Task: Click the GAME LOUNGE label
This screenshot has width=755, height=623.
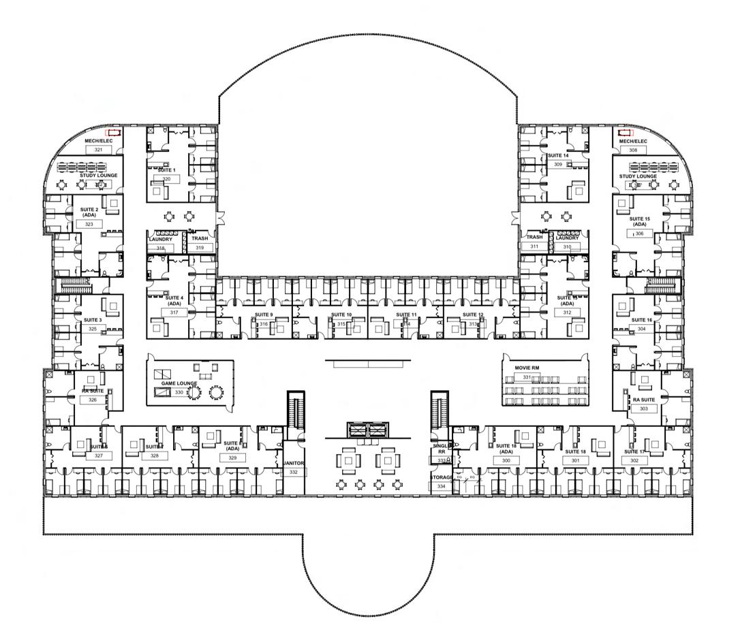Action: click(x=179, y=383)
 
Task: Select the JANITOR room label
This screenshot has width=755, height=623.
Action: click(x=294, y=463)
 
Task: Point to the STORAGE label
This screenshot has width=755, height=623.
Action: click(x=441, y=477)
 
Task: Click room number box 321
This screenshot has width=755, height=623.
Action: click(x=99, y=150)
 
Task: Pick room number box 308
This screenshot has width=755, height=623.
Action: click(x=633, y=150)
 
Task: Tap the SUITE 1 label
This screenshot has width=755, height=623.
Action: click(x=167, y=170)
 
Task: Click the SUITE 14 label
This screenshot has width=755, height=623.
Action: click(x=557, y=156)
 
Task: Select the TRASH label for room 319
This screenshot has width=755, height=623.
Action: click(x=199, y=239)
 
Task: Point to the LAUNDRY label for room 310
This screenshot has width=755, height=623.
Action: click(x=567, y=238)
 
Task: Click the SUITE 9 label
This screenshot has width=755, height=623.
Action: click(x=264, y=315)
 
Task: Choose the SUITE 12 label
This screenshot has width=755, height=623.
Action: click(x=473, y=315)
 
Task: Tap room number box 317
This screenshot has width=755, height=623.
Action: click(x=174, y=313)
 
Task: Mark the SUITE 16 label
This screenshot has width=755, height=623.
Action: click(x=641, y=320)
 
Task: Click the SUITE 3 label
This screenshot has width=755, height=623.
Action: click(x=93, y=320)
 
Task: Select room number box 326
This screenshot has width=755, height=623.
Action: click(x=93, y=400)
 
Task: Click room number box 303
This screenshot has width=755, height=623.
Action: click(x=643, y=409)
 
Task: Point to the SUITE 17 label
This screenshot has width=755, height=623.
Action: click(x=634, y=451)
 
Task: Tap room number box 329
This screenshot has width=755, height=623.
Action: click(x=232, y=458)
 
